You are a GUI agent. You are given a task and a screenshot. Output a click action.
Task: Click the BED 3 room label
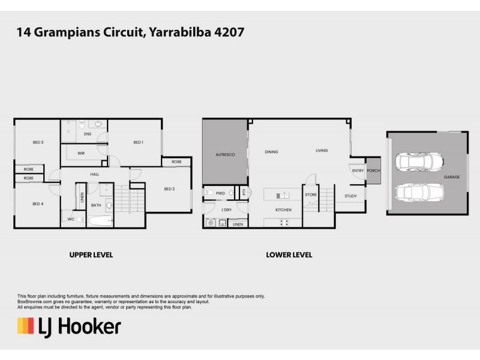38,142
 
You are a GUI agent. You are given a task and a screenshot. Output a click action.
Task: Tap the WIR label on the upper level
81,154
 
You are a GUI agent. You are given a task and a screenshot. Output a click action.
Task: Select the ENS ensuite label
88,134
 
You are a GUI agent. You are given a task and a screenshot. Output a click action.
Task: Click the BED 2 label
169,189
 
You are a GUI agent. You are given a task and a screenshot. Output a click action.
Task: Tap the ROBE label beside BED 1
176,162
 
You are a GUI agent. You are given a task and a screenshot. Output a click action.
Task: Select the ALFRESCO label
224,155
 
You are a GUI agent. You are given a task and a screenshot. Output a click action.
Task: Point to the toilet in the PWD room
208,193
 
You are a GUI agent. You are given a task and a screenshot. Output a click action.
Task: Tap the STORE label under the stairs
311,195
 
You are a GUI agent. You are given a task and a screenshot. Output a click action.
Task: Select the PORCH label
373,171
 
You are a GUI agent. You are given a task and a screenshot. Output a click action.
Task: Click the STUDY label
350,196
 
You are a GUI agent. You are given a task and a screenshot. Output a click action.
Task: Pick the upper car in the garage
419,162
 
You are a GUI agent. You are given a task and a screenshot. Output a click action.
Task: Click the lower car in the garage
419,192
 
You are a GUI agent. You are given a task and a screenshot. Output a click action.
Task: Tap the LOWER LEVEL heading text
289,255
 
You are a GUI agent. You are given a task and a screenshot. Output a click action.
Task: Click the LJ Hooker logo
68,327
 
